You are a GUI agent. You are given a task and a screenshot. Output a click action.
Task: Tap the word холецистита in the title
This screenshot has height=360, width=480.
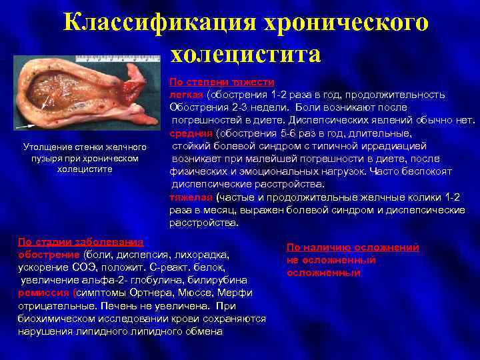(x=245, y=54)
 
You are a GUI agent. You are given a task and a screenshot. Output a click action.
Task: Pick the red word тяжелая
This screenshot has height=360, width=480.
(x=191, y=197)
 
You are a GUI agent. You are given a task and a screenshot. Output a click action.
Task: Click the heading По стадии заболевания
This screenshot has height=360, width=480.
(x=81, y=241)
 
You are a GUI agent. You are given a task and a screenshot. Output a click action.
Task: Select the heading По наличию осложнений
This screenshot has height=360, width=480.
(x=353, y=247)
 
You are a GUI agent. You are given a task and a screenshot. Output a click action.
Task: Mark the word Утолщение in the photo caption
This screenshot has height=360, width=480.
(x=46, y=146)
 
